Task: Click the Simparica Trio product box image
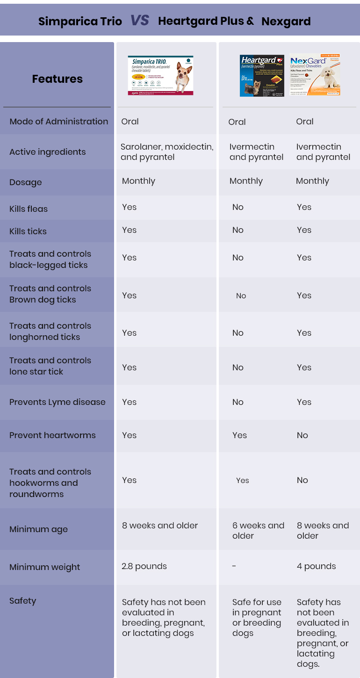tap(160, 75)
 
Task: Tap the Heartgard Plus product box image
tap(262, 75)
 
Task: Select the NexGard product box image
tap(315, 75)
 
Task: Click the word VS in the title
tap(140, 20)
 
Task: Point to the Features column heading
tap(57, 79)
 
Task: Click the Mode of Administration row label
tap(58, 121)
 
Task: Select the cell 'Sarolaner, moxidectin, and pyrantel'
tap(167, 152)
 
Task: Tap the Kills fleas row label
tap(29, 209)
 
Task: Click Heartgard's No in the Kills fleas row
tap(238, 207)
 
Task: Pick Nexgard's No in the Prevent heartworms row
tap(302, 435)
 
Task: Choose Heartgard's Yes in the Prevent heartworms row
tap(239, 435)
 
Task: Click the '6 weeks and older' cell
tap(258, 531)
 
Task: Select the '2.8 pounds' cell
tap(144, 566)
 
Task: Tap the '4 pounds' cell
tap(316, 566)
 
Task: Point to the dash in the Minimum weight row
tap(234, 566)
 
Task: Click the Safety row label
tap(22, 601)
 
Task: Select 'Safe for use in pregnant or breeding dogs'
tap(257, 618)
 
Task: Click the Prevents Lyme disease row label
tap(58, 402)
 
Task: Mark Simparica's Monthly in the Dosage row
tap(138, 181)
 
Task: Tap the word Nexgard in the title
tap(286, 21)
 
